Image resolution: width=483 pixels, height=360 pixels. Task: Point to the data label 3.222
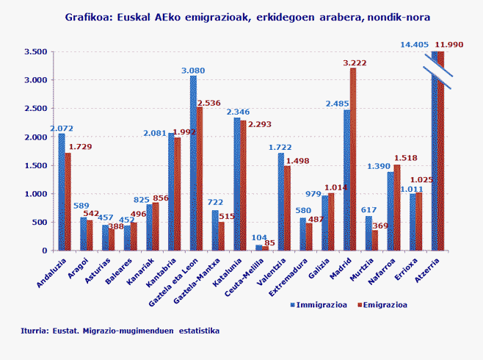pos(355,63)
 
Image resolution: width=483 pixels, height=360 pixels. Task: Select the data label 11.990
pos(449,45)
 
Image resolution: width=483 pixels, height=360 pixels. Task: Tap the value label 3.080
pos(194,71)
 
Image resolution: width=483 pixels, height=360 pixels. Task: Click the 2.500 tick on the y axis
pos(35,109)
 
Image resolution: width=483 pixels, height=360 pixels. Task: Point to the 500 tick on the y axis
pos(40,223)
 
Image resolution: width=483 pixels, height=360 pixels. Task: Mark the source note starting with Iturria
pos(120,331)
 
